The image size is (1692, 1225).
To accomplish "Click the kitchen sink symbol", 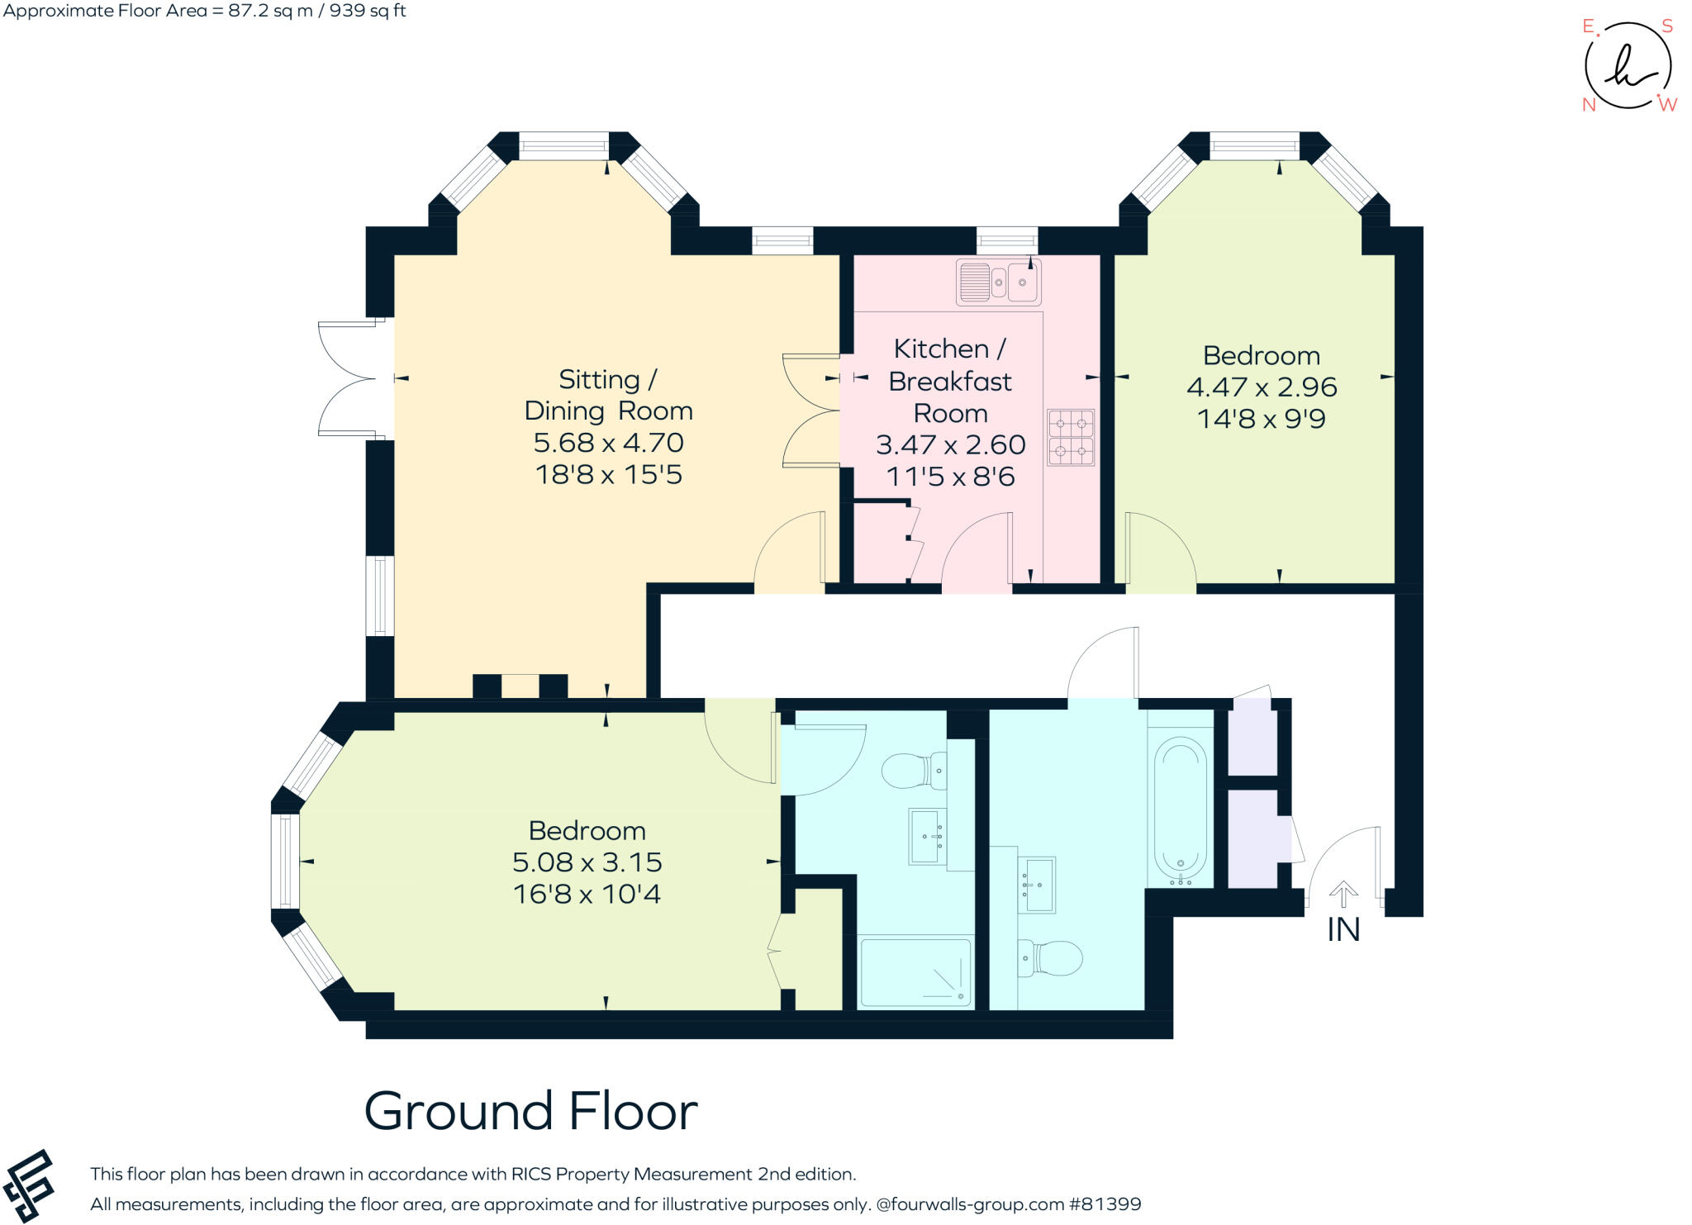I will coord(998,283).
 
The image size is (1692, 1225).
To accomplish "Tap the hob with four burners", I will coord(1071,437).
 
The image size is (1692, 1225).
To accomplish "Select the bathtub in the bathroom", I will coord(1180,809).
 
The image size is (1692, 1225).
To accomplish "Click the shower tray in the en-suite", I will coord(915,972).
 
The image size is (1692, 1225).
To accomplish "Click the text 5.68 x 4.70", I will coord(608,443).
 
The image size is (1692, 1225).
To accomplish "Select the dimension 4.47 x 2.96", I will coord(1261,387).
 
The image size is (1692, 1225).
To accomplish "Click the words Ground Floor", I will coord(530,1112).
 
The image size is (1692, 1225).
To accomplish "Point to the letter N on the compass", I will coord(1588,105).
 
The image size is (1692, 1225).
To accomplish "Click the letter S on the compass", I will coord(1666,26).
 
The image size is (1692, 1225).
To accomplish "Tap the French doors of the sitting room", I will coord(347,378).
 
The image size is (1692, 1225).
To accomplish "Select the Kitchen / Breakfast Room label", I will coord(949,381).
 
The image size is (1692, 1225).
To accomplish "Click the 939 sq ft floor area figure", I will coord(368,12).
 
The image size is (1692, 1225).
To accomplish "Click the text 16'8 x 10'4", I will coord(587,894).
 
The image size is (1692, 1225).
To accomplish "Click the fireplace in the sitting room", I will coord(520,686).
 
